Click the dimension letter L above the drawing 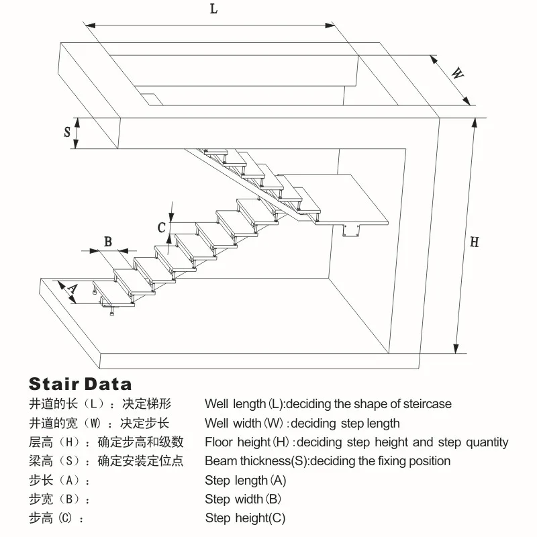click(x=213, y=9)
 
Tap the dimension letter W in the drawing click(x=457, y=74)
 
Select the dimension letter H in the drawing click(x=474, y=242)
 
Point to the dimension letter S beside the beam click(x=68, y=132)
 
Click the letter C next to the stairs click(x=162, y=228)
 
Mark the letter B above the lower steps click(x=107, y=242)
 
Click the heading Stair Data click(x=81, y=385)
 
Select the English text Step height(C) click(x=245, y=518)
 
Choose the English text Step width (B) click(x=243, y=499)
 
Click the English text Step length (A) click(x=246, y=481)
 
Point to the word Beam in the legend click(x=219, y=461)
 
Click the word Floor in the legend click(x=219, y=442)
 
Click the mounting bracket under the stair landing click(x=351, y=232)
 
